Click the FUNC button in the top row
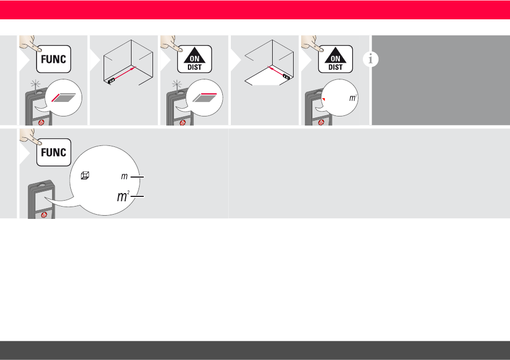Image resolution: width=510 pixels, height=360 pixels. (x=54, y=59)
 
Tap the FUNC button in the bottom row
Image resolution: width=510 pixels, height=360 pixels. (x=54, y=152)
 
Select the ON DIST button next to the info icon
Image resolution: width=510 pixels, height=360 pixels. (x=336, y=59)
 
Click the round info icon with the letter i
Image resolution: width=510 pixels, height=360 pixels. (x=370, y=59)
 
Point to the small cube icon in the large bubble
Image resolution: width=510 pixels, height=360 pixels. (x=85, y=175)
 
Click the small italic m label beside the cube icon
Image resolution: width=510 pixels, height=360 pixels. (x=124, y=177)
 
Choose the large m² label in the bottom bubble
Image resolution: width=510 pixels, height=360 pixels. (x=123, y=196)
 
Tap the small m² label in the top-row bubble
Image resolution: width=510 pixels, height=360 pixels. (x=353, y=98)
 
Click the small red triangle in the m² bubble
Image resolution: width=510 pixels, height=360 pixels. (x=324, y=99)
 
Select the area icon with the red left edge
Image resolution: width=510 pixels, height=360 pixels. (x=64, y=98)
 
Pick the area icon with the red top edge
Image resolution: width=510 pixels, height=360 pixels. (x=205, y=98)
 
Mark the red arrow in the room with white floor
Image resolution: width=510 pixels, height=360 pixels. (x=275, y=71)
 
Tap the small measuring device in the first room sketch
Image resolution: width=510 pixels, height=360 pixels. (x=111, y=80)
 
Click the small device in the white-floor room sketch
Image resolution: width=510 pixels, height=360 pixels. (x=286, y=77)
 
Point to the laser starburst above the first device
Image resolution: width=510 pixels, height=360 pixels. (x=35, y=85)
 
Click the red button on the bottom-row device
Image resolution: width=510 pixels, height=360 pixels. (x=44, y=215)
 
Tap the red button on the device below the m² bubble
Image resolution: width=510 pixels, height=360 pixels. (x=321, y=122)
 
